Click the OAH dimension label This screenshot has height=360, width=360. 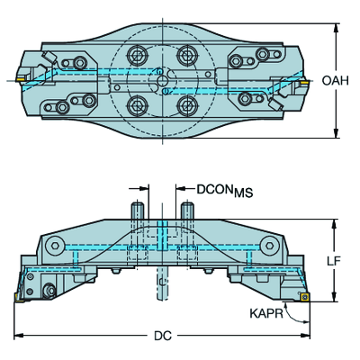pos(335,81)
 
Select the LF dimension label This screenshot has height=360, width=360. pos(334,261)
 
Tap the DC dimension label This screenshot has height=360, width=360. pos(163,336)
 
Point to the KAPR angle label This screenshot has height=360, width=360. pos(266,313)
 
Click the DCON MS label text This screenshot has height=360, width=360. pos(225,191)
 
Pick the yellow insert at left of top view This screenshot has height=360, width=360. pos(20,78)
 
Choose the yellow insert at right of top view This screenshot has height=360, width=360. pos(304,81)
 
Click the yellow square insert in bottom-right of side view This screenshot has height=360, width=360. pos(305,297)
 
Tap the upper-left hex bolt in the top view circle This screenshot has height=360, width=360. pos(137,55)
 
